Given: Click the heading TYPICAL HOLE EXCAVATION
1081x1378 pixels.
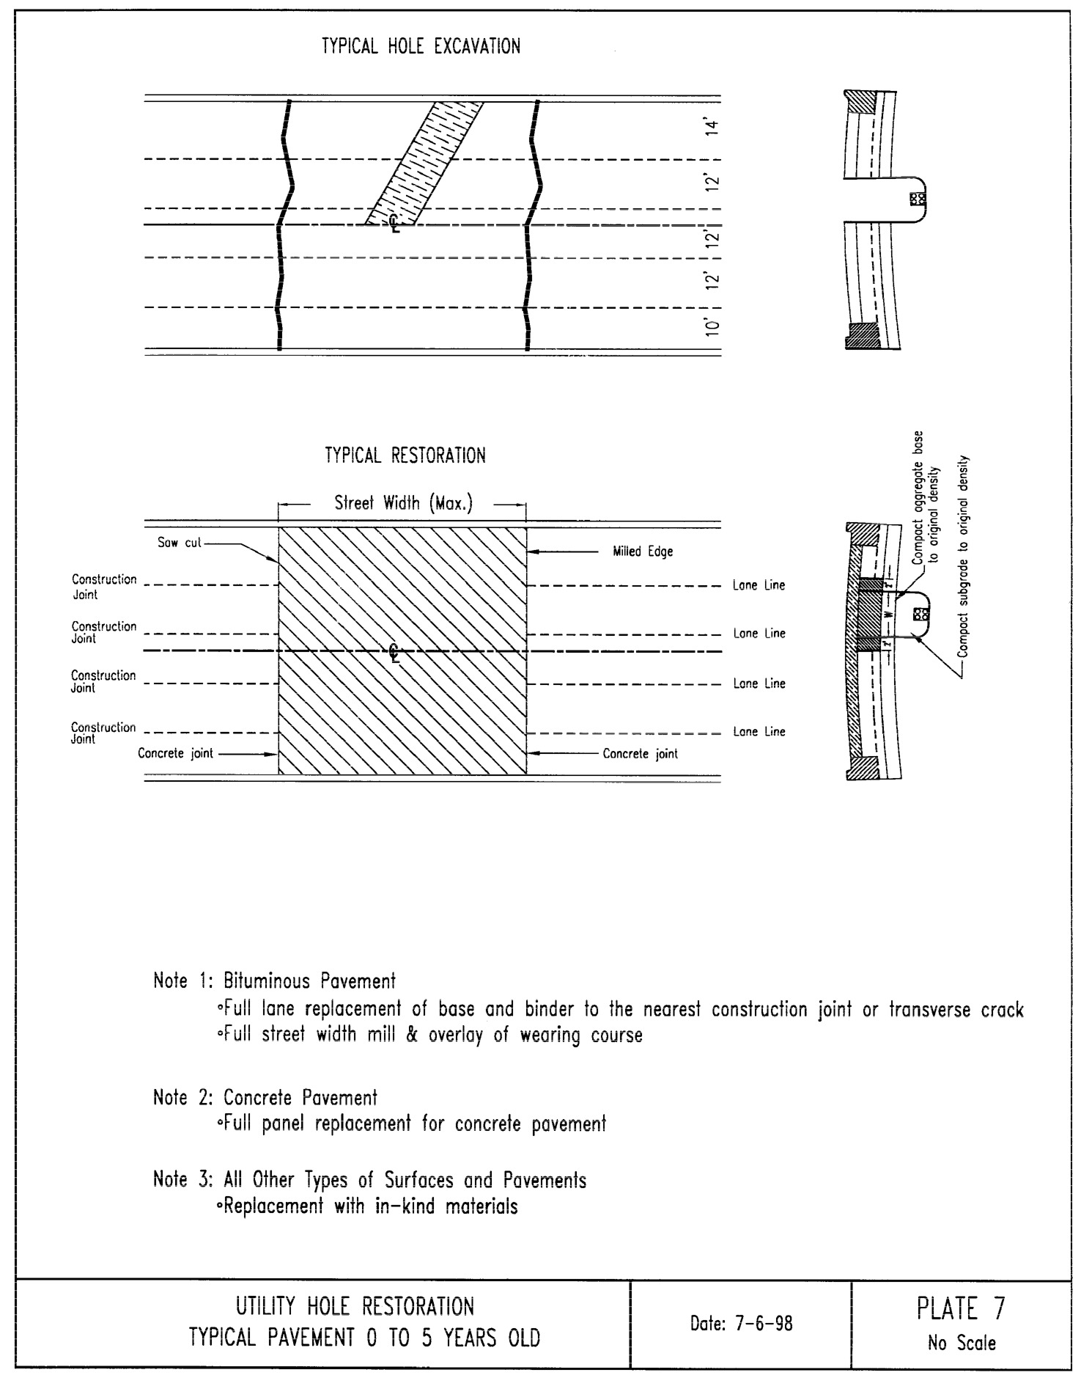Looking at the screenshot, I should pos(421,47).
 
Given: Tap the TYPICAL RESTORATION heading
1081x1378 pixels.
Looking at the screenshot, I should pos(405,455).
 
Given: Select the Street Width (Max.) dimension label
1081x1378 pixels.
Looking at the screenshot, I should pos(403,504).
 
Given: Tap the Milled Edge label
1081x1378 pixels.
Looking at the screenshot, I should pos(642,551).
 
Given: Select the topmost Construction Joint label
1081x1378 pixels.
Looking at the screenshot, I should pos(104,586).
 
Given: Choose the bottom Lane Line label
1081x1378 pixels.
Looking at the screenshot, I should pos(759,731).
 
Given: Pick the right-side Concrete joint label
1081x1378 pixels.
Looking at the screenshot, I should pos(640,753).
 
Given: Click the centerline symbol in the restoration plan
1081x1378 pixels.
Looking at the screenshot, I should pos(394,652).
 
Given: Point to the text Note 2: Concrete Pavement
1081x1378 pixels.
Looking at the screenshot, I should pos(265,1098).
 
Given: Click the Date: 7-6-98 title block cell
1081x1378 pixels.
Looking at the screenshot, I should pos(741,1324).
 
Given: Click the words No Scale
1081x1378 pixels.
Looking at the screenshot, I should pos(961,1344).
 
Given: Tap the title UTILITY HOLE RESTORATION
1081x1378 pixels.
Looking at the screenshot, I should pos(355,1306).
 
